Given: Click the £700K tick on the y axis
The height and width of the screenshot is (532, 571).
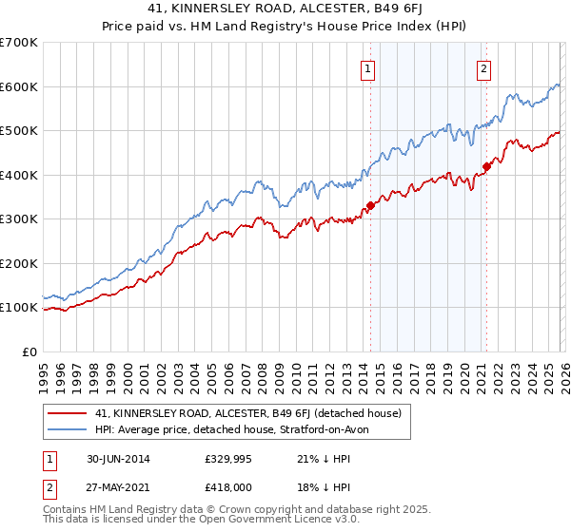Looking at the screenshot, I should (x=19, y=43).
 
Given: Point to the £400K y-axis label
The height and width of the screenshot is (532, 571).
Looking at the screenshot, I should (x=19, y=175).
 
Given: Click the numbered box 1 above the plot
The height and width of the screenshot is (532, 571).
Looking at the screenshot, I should (x=367, y=67).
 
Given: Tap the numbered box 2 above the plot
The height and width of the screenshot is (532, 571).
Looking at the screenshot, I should (x=483, y=67).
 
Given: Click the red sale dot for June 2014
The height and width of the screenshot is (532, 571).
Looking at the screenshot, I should (x=370, y=205).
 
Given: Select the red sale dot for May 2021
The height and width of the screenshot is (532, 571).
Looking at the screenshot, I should (x=486, y=166).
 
